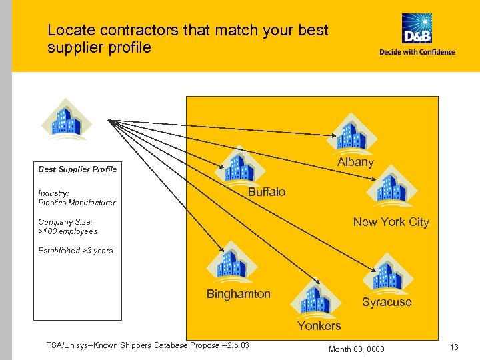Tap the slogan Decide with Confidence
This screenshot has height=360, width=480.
click(x=417, y=52)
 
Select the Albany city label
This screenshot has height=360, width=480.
click(x=355, y=162)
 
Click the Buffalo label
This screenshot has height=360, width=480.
click(x=267, y=192)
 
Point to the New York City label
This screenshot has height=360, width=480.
click(x=391, y=222)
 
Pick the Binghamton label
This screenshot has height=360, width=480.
click(x=238, y=294)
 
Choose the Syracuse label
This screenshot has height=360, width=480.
click(x=387, y=302)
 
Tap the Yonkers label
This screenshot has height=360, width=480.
click(x=319, y=326)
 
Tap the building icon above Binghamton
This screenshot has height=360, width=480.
click(x=229, y=261)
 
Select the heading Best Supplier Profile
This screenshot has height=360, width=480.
click(x=77, y=169)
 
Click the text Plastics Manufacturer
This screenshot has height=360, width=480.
click(x=77, y=203)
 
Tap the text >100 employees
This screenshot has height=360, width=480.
click(x=68, y=231)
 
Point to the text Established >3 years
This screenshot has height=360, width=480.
click(x=75, y=251)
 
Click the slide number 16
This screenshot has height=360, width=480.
click(x=454, y=347)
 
